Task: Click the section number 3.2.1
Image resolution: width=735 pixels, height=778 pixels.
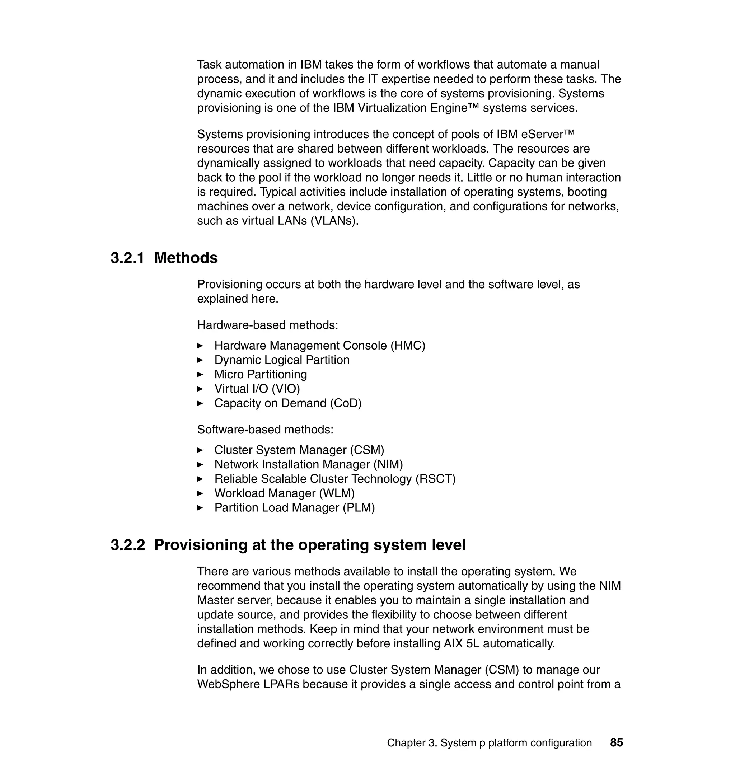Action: (127, 258)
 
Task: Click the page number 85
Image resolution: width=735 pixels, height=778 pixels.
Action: (616, 743)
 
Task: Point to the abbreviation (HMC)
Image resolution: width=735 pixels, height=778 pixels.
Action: (407, 346)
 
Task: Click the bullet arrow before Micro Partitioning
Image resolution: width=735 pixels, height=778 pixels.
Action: (200, 375)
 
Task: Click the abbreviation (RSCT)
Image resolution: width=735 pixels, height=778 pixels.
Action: (435, 479)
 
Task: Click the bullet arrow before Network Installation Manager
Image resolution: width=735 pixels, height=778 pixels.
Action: (200, 465)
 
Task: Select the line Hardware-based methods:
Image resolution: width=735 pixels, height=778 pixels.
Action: (267, 325)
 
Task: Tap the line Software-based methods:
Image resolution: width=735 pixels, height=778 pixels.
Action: (265, 430)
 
